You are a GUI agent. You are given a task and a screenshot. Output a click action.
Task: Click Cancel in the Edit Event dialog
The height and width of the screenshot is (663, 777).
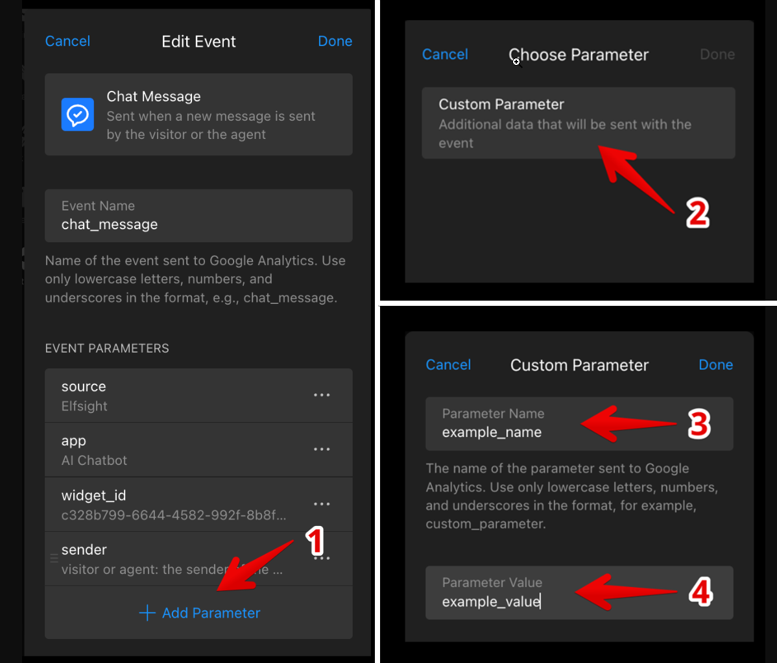pos(67,41)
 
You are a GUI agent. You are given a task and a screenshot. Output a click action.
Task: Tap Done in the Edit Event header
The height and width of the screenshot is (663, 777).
pos(335,41)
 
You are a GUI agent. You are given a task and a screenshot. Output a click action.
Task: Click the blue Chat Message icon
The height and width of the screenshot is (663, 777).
pos(78,115)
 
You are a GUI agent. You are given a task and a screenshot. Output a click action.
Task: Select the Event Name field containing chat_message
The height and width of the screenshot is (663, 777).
pos(198,216)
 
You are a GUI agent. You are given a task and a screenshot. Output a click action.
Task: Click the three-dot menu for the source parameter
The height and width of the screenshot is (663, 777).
pos(322,395)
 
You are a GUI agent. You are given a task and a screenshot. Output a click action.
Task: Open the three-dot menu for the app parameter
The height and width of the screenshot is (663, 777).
pos(322,449)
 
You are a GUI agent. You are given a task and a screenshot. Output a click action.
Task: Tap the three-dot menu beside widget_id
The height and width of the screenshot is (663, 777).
pos(322,504)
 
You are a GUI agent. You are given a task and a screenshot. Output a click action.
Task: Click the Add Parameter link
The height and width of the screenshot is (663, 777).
pos(200,613)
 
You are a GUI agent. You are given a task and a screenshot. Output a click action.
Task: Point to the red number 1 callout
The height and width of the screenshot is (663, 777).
pos(315,541)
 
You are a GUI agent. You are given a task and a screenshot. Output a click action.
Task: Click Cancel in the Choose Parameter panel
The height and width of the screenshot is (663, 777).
pos(445,54)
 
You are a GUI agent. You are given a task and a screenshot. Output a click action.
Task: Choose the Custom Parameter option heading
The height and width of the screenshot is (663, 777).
pos(501,104)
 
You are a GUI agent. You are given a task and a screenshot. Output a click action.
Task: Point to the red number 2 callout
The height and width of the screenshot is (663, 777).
pos(698,214)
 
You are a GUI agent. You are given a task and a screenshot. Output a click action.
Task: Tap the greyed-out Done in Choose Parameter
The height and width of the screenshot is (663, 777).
pos(717,54)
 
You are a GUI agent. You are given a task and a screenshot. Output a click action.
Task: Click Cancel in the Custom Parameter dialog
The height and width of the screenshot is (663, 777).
pos(448,365)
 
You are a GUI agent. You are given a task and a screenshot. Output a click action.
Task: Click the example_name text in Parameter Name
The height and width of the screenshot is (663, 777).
pos(492,432)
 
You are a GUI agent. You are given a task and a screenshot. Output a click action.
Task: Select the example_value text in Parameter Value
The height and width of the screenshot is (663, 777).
pos(491,601)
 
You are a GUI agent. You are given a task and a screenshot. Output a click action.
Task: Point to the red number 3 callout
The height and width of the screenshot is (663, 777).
pos(699,424)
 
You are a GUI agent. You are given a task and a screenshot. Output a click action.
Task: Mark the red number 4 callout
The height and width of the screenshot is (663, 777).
pos(700,592)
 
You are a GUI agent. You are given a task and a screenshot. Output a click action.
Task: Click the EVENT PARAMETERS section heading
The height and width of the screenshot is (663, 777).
pos(107,348)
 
